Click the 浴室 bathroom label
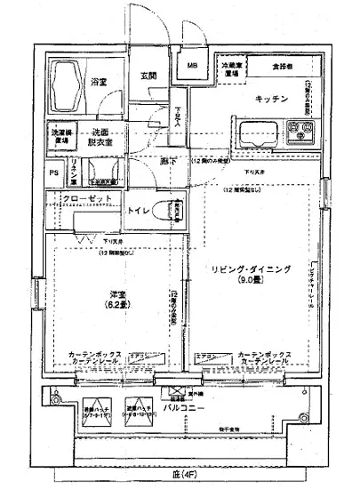(x=99, y=83)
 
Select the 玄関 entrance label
(x=148, y=76)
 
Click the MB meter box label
(x=192, y=65)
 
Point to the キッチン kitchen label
(x=270, y=99)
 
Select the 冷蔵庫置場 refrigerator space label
(x=231, y=69)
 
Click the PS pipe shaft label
(x=53, y=172)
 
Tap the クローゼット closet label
(x=87, y=199)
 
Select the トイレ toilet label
(x=139, y=212)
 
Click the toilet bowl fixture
(x=166, y=212)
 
